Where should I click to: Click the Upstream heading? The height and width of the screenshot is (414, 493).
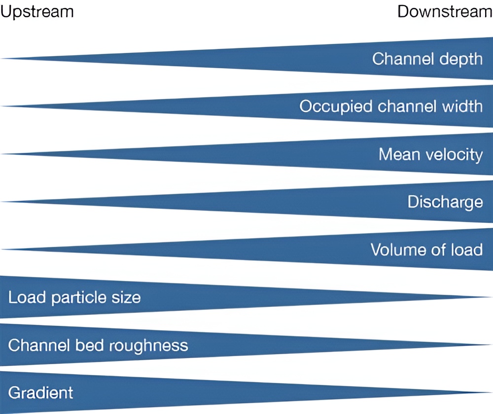pyautogui.click(x=37, y=12)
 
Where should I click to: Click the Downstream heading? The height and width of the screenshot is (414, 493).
pyautogui.click(x=445, y=12)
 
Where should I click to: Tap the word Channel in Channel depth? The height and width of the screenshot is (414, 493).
pyautogui.click(x=403, y=59)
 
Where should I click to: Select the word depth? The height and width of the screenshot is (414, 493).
pyautogui.click(x=460, y=60)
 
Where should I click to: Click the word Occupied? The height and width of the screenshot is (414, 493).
pyautogui.click(x=336, y=107)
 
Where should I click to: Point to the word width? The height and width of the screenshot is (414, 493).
pyautogui.click(x=462, y=106)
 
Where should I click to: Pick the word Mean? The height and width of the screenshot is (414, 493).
pyautogui.click(x=399, y=154)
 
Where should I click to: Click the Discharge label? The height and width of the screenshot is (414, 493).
pyautogui.click(x=445, y=202)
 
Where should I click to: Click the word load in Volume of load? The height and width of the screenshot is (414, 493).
pyautogui.click(x=467, y=250)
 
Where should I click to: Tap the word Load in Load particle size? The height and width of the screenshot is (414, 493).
pyautogui.click(x=27, y=297)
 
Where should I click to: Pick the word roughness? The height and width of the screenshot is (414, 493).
pyautogui.click(x=148, y=346)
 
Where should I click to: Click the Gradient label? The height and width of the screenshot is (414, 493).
pyautogui.click(x=40, y=393)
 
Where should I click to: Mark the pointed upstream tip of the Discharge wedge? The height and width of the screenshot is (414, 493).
pyautogui.click(x=2, y=202)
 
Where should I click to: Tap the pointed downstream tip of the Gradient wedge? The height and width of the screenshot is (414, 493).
pyautogui.click(x=491, y=392)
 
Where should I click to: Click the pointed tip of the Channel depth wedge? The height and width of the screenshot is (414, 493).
pyautogui.click(x=2, y=59)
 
